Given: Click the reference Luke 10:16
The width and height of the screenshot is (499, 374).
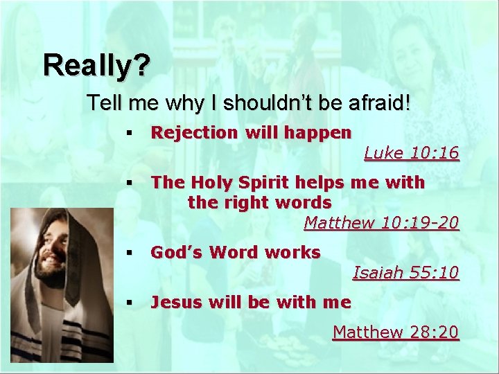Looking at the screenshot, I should tap(412, 153).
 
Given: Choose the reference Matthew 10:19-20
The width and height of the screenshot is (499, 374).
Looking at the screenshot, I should tap(381, 223).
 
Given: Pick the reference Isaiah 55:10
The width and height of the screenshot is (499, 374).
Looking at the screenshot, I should tap(405, 274).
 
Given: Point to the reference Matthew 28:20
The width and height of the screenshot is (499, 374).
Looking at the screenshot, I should tap(396, 332).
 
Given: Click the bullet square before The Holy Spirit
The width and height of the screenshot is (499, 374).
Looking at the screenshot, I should tap(129, 184).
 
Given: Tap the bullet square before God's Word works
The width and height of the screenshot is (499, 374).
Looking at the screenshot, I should tap(129, 253).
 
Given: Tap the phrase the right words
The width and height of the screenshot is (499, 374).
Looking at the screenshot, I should tap(259, 203).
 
